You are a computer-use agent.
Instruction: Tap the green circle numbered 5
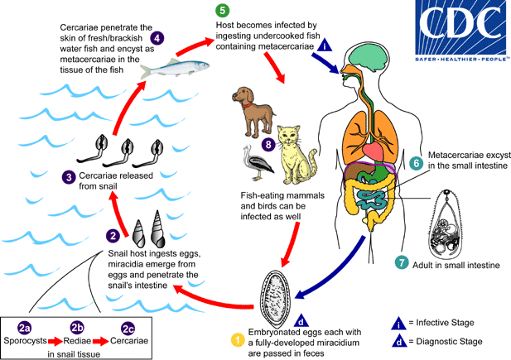pyautogui.click(x=223, y=11)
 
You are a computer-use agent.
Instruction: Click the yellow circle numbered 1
pyautogui.click(x=236, y=338)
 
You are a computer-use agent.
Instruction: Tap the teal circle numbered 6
pyautogui.click(x=416, y=163)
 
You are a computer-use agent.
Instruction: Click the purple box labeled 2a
pyautogui.click(x=28, y=328)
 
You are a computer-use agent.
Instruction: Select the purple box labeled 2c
pyautogui.click(x=128, y=328)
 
